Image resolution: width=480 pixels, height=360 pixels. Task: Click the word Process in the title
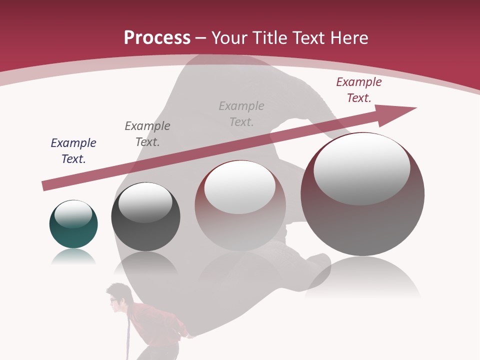pos(157,38)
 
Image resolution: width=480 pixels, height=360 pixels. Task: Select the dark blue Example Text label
pos(73,151)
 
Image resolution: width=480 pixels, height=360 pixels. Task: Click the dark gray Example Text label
pos(147,134)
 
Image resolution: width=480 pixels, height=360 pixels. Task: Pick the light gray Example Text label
pos(241,114)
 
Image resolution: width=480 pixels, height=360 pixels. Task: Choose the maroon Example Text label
pos(359,90)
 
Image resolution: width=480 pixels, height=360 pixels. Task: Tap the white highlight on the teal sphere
pos(73,214)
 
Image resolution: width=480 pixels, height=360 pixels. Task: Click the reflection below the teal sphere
pos(73,257)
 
